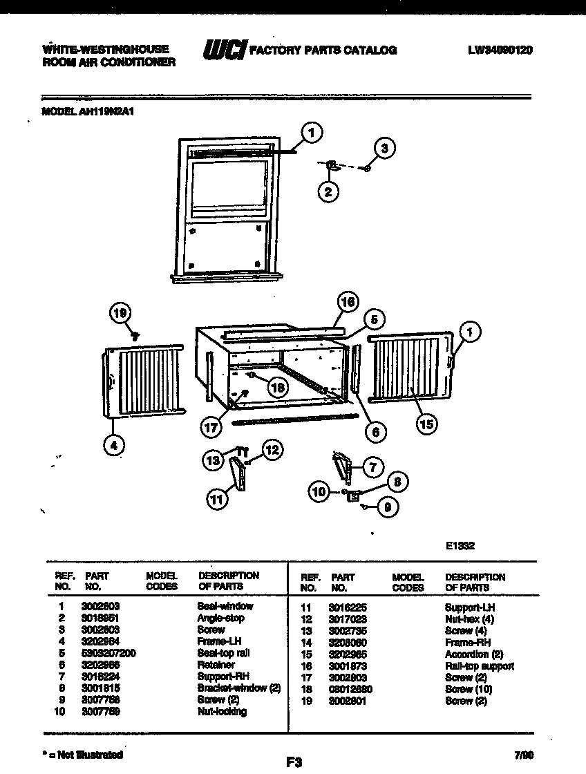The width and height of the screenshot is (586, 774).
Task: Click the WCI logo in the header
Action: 223,50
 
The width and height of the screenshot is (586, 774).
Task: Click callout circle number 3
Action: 385,148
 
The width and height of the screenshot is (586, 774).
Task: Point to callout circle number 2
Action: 329,191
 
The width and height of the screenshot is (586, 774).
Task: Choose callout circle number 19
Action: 120,314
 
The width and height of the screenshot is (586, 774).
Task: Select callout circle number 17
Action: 211,427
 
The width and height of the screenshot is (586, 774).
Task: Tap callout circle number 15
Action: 426,423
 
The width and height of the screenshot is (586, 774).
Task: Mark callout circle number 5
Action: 373,319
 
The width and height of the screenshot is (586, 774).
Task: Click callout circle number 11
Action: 218,500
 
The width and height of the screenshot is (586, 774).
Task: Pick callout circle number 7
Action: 372,467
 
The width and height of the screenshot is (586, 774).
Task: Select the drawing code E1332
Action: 460,545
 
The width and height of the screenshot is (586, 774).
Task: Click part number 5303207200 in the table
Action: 108,652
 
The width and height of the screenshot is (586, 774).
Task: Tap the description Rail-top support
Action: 479,666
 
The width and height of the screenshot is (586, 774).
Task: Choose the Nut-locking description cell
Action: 222,711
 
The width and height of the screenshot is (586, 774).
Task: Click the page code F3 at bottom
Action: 294,762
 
